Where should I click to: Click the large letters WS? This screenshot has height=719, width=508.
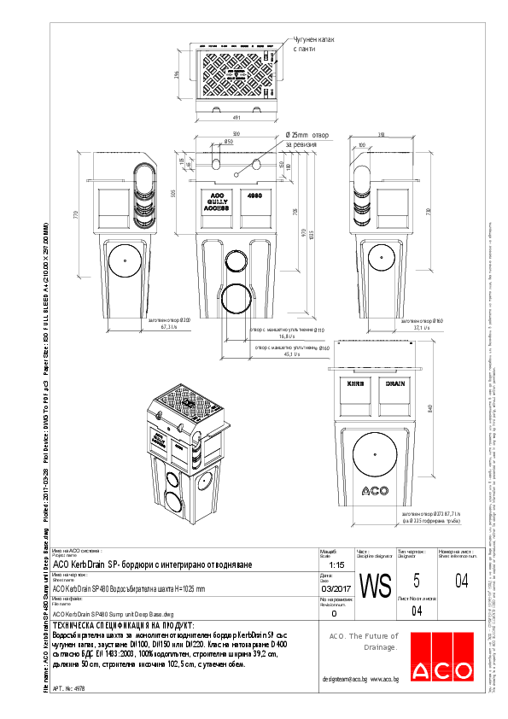[x=376, y=587]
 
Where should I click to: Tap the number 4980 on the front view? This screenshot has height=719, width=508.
[x=254, y=196]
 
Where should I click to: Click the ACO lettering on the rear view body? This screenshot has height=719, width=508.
[x=376, y=490]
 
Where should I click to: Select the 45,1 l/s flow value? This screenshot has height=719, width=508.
[x=289, y=357]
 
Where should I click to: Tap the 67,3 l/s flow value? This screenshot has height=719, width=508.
[x=168, y=327]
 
